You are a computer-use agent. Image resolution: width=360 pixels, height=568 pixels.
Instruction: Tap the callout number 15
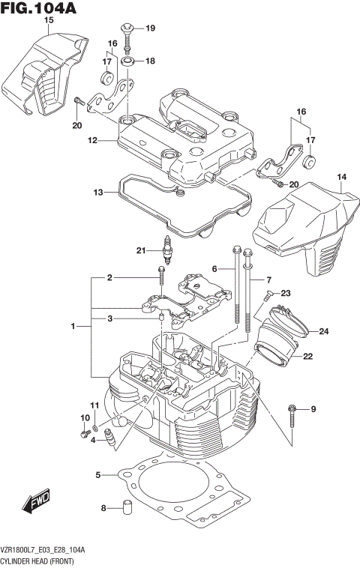pos(49,21)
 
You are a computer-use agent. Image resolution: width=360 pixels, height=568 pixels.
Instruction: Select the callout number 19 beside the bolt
pos(150,28)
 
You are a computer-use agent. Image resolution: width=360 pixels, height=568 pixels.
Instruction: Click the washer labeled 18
pos(128,61)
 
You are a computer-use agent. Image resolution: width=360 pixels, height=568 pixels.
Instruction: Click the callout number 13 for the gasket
pos(98,193)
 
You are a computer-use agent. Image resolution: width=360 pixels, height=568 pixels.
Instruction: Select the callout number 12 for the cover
pos(92,140)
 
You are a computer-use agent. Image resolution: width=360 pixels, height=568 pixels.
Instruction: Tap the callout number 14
pos(341,178)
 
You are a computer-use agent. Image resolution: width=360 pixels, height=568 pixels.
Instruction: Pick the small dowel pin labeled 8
pos(128,507)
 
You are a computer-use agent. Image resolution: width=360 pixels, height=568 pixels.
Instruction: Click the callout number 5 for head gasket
pos(98,474)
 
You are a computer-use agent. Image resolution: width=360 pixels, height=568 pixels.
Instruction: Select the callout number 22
pos(308,357)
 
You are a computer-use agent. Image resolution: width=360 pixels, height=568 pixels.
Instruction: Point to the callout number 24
pos(323,331)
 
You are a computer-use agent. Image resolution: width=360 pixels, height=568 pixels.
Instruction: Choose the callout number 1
pos(73,327)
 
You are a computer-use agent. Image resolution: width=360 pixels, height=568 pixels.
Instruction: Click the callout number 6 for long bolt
pos(214,269)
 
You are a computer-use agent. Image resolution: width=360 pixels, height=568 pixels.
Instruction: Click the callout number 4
pos(93,440)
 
